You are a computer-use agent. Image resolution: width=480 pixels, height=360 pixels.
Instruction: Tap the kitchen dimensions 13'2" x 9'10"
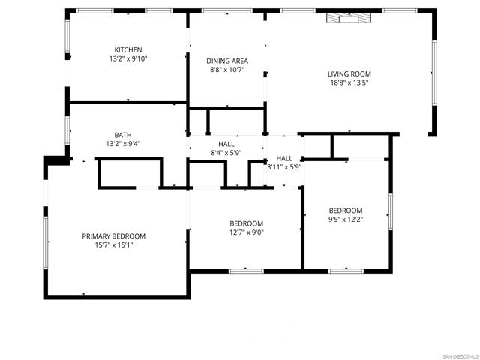click(128, 58)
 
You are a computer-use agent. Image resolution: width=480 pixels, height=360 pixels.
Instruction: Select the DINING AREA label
click(227, 61)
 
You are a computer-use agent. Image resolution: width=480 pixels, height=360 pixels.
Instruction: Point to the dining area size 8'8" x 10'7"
click(227, 70)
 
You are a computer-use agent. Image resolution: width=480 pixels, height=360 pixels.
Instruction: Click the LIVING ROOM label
click(349, 73)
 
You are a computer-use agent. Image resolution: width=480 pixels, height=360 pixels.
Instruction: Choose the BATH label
click(124, 135)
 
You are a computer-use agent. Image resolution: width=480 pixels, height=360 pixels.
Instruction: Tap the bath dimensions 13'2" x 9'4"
click(124, 144)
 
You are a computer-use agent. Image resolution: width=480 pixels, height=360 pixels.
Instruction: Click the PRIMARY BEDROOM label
click(114, 236)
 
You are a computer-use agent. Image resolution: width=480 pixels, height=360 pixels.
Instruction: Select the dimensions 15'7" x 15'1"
click(114, 245)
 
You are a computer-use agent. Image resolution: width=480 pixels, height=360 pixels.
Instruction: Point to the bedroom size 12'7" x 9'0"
click(246, 232)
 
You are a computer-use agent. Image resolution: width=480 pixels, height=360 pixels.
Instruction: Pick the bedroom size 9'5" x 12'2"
click(346, 220)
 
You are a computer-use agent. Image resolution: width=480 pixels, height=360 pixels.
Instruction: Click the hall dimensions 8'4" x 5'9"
click(226, 153)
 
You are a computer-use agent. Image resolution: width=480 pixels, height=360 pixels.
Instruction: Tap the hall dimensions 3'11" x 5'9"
click(284, 167)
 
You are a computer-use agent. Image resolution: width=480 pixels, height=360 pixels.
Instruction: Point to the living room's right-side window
click(433, 71)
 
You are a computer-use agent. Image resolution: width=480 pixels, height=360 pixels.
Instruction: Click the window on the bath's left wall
click(67, 130)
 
